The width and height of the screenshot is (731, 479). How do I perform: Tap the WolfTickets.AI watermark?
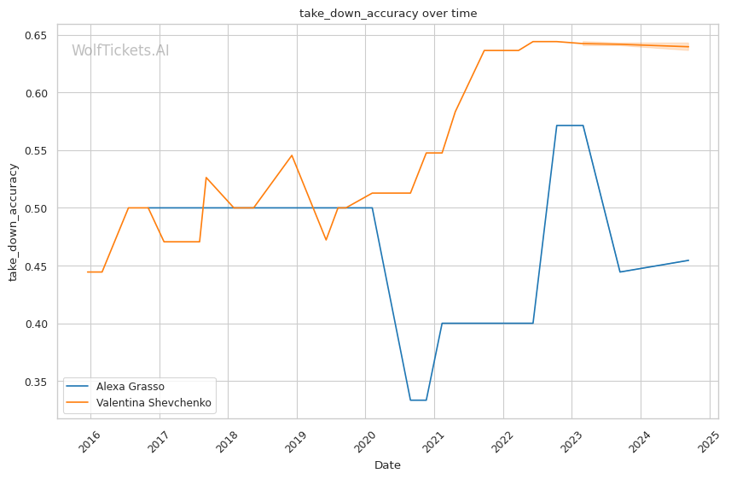pos(120,51)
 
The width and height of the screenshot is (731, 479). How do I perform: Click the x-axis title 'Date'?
pos(387,465)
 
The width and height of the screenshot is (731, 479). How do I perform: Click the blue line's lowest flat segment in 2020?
pos(418,400)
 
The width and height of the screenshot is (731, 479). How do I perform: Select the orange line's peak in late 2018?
pos(292,155)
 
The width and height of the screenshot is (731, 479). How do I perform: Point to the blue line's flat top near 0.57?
pos(570,126)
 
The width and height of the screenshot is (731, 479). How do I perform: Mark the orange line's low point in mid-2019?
pos(326,240)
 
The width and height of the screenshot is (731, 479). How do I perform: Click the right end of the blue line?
pos(688,260)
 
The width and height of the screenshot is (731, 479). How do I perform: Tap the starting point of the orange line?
pos(88,272)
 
